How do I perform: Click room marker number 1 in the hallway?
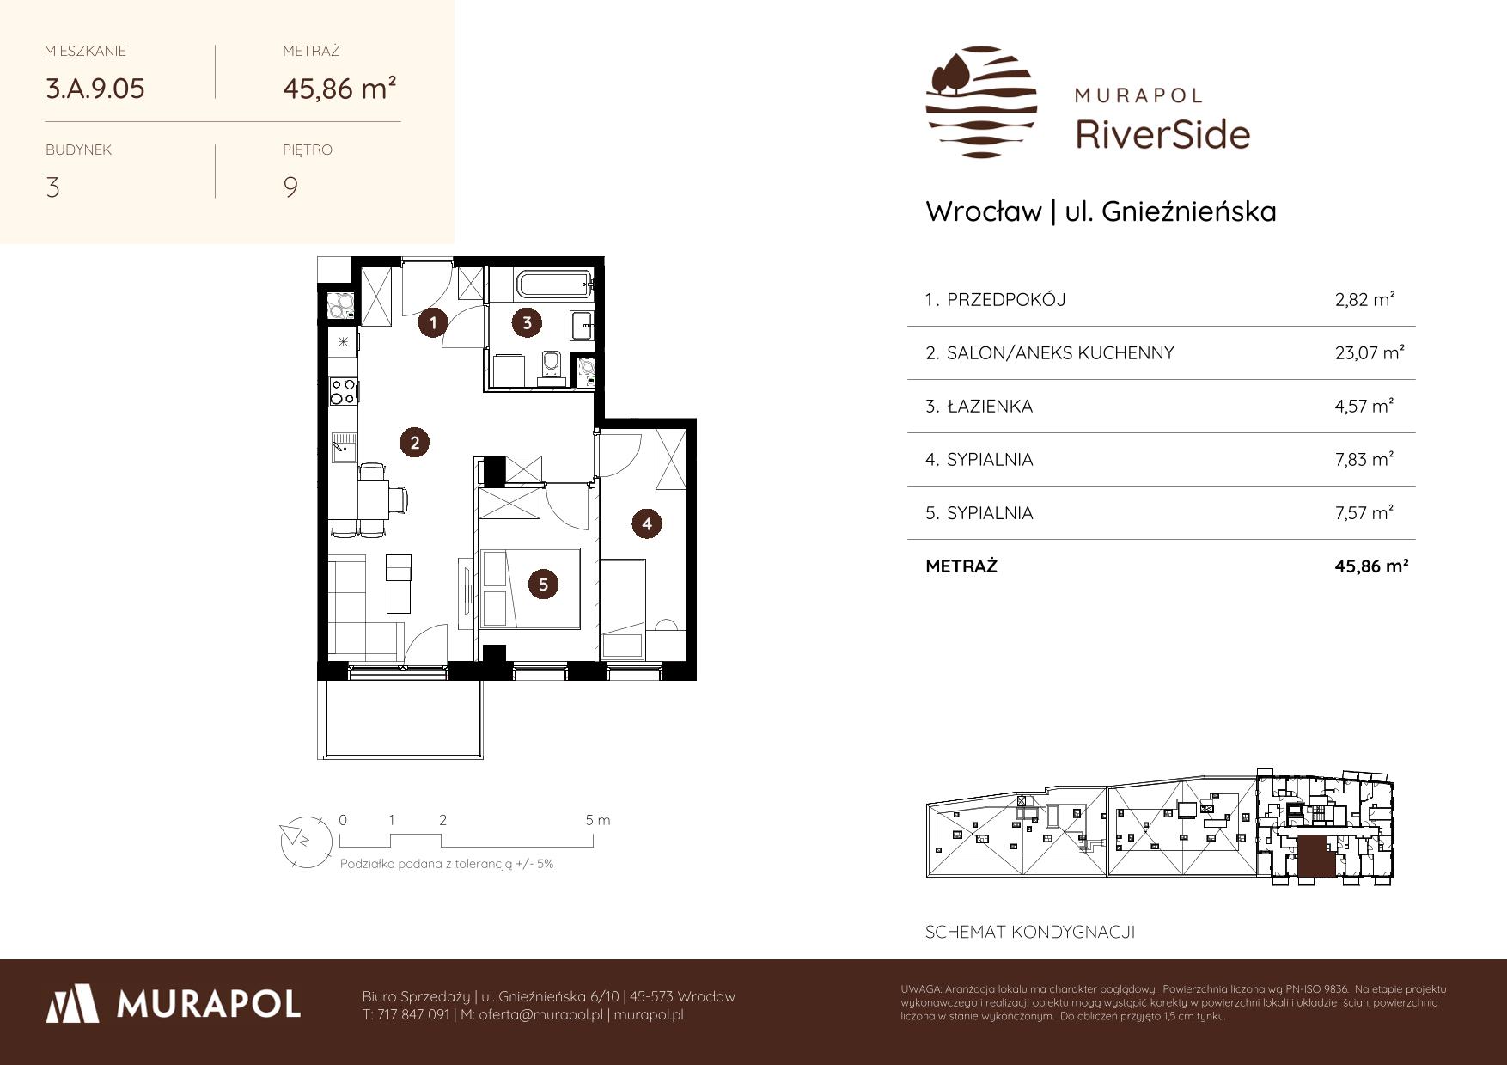pos(434,323)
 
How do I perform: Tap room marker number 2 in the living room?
pos(415,443)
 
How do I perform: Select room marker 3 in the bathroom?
pos(527,323)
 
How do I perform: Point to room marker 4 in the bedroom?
pos(647,523)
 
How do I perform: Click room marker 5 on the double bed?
pos(543,585)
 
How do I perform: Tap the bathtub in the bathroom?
pos(540,285)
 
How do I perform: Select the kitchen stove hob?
pos(344,392)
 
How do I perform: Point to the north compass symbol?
pos(305,840)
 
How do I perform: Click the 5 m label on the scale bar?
pos(598,820)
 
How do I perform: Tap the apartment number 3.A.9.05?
pos(95,89)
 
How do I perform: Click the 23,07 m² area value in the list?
pos(1370,352)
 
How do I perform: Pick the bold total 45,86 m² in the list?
pos(1371,566)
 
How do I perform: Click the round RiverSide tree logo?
pos(981,102)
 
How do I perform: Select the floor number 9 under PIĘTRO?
pos(290,187)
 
